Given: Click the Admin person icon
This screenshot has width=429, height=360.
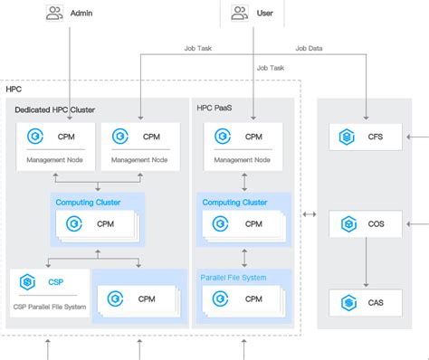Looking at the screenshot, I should [x=54, y=14].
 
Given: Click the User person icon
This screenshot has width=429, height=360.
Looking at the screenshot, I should [x=240, y=14].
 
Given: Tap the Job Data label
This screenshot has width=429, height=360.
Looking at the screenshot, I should [x=309, y=49].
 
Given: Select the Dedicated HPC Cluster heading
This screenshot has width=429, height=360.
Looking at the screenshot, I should [x=53, y=109].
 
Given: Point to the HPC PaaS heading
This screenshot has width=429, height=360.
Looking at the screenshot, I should [x=215, y=108].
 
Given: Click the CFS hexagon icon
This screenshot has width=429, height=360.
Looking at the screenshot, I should [x=346, y=137].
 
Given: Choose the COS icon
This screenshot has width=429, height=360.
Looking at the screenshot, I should [x=346, y=223].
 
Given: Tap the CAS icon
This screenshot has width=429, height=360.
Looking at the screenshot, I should [x=346, y=300].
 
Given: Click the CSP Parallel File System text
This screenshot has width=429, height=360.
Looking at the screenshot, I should [x=50, y=307].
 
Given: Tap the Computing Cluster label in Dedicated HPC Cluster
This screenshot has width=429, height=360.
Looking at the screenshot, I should [x=88, y=202].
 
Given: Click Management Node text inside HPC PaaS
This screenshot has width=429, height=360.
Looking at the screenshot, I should [x=241, y=160].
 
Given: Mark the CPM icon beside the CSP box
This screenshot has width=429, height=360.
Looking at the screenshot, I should [x=115, y=298].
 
